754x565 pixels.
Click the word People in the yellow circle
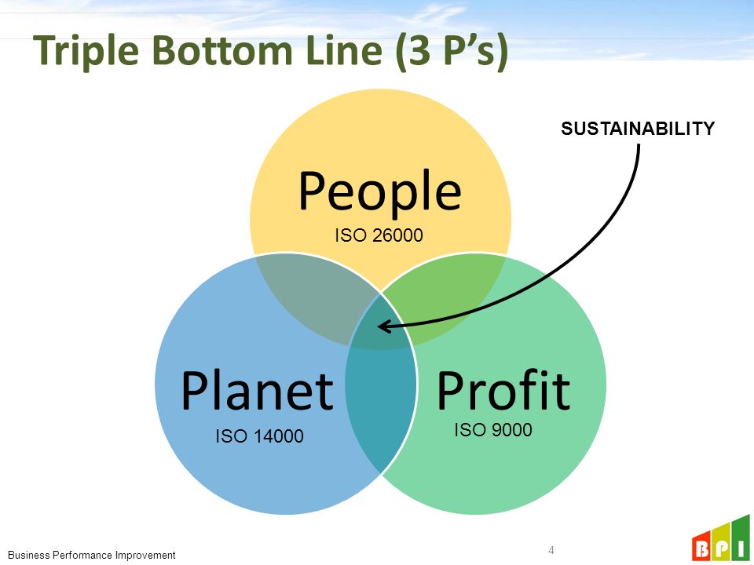379,191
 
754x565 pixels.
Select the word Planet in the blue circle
257,390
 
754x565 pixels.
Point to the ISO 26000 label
379,235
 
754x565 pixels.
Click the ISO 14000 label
259,436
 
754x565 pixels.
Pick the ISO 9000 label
493,429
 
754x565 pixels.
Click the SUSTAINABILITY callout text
638,129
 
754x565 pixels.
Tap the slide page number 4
551,549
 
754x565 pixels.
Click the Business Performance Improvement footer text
92,555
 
